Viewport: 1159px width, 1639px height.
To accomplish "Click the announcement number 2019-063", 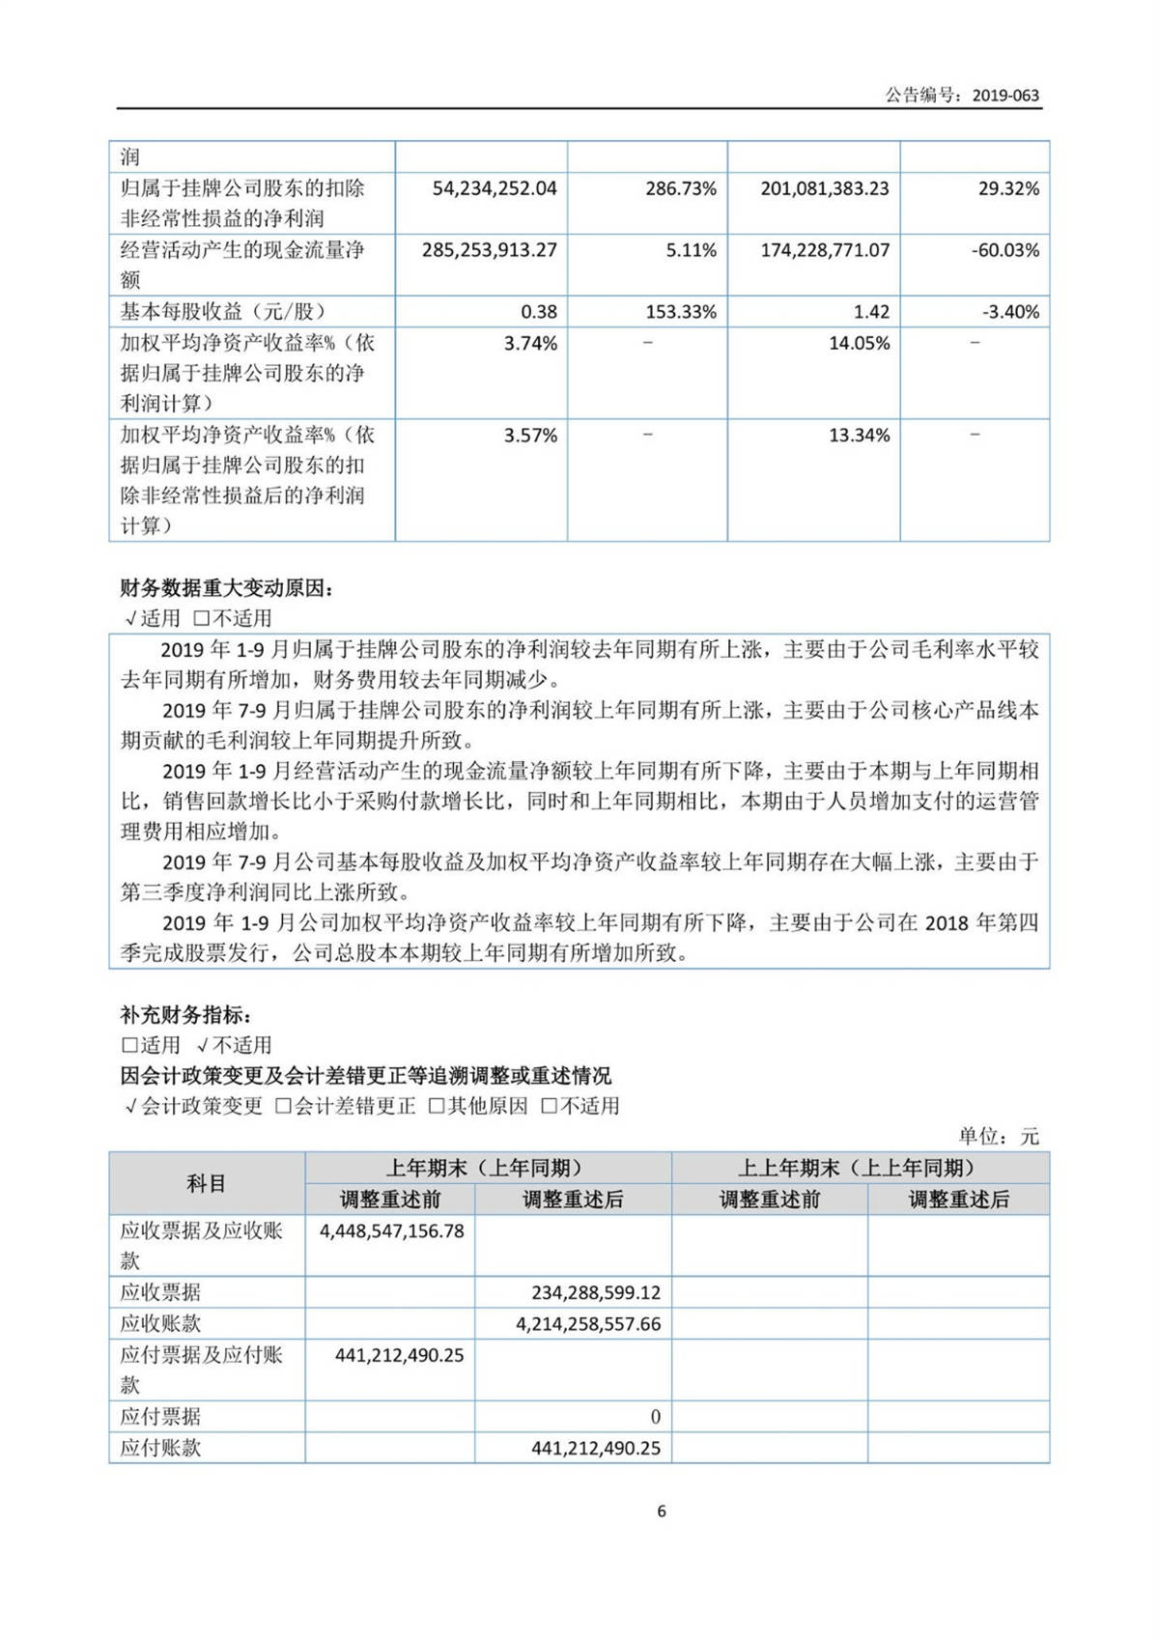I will coord(1005,95).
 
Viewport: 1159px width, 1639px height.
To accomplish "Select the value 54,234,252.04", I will coord(495,188).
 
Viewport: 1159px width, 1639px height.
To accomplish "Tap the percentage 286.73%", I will coord(681,188).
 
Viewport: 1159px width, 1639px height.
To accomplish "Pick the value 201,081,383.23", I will coord(824,188).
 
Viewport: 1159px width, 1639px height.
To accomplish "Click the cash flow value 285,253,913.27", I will coord(489,250).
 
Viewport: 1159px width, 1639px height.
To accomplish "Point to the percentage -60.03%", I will coord(1004,250).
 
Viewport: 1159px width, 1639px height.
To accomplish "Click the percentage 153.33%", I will coord(681,312).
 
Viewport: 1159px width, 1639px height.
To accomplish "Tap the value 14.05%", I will coord(859,343).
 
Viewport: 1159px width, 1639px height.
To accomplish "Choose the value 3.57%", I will coord(530,436).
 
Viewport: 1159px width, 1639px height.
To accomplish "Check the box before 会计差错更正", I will coord(283,1107).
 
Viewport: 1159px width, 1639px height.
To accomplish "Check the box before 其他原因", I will coord(437,1107).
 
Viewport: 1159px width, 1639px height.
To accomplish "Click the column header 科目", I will coord(206,1183).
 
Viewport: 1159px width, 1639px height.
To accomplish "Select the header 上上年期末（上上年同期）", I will coord(861,1168).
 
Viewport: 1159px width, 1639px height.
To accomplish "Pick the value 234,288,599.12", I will coord(596,1292).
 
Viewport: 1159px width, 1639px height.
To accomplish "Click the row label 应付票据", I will coord(160,1417).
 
